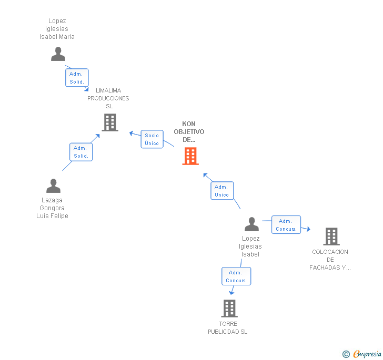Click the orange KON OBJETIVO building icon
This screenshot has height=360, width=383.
tap(190, 156)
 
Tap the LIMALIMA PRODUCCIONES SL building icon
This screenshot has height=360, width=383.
tap(109, 122)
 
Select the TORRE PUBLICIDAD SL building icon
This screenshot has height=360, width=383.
tap(229, 308)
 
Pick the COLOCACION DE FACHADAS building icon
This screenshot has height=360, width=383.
tap(331, 236)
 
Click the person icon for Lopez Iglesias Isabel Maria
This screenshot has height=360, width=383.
tap(58, 54)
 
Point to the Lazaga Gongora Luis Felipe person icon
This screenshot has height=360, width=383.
tap(53, 186)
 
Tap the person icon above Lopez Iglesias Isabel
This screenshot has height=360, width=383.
tap(251, 224)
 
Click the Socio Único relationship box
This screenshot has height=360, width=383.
tap(152, 139)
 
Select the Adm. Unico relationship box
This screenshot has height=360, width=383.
tap(221, 191)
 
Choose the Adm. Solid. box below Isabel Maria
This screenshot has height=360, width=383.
tap(77, 78)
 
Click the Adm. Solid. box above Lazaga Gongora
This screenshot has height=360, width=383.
tap(81, 152)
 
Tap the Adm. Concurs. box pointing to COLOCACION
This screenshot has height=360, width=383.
tap(286, 225)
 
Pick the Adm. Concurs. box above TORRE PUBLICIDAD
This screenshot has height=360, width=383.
tap(236, 276)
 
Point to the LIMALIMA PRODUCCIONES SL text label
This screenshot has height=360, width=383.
tap(108, 98)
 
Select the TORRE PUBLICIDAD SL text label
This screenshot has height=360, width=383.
tap(228, 328)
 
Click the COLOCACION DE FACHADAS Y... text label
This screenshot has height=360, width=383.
tap(330, 260)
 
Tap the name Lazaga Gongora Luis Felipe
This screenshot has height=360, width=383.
tap(52, 208)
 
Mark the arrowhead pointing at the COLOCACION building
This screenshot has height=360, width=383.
tap(308, 229)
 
